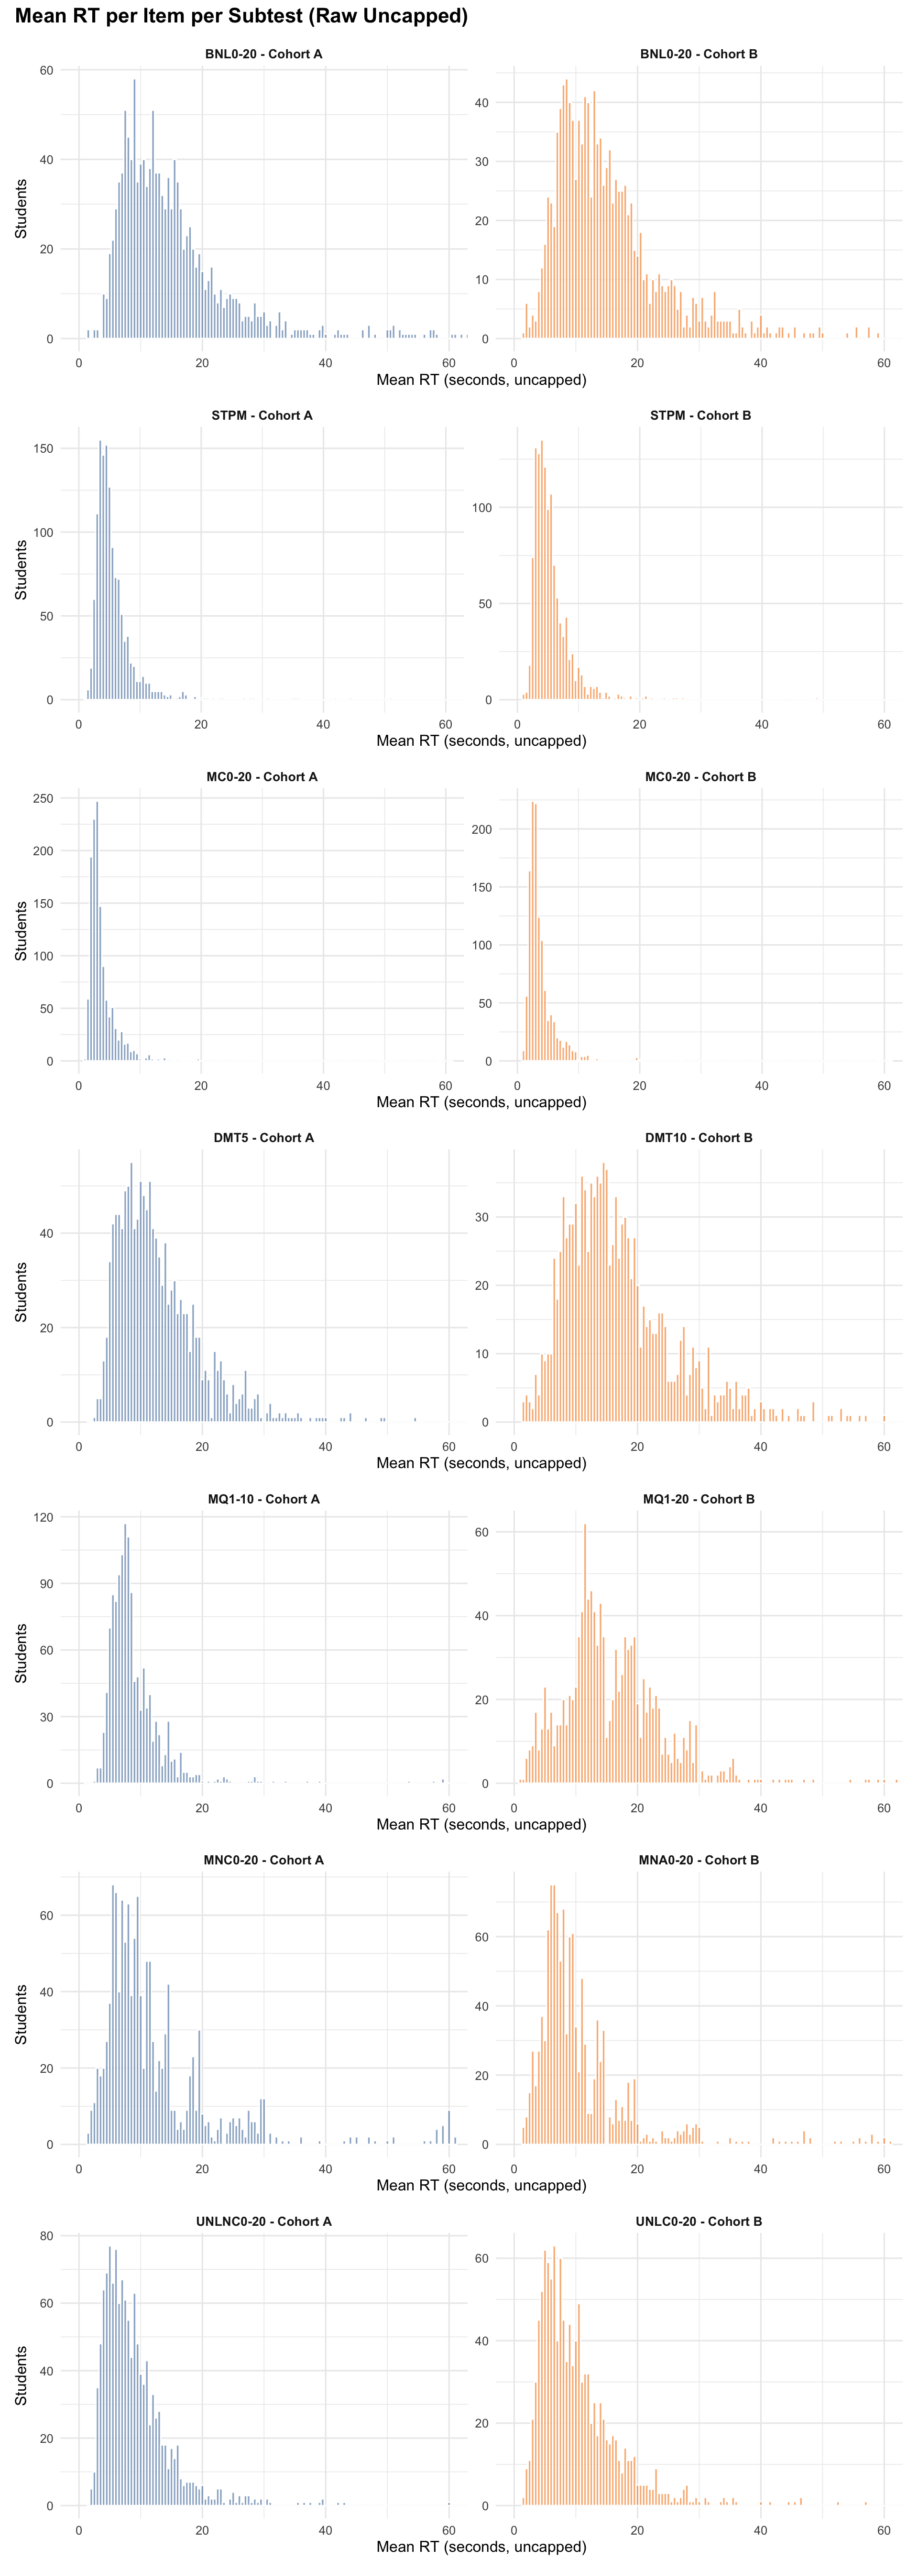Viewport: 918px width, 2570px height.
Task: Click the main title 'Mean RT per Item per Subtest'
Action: tap(241, 16)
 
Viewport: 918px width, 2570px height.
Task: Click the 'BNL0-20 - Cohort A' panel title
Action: tap(263, 54)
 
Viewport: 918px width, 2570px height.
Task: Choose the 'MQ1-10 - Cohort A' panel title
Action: tap(263, 1499)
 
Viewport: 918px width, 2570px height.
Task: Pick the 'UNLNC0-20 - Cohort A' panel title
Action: tap(263, 2221)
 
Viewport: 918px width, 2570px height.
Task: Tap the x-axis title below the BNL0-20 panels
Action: tap(481, 380)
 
